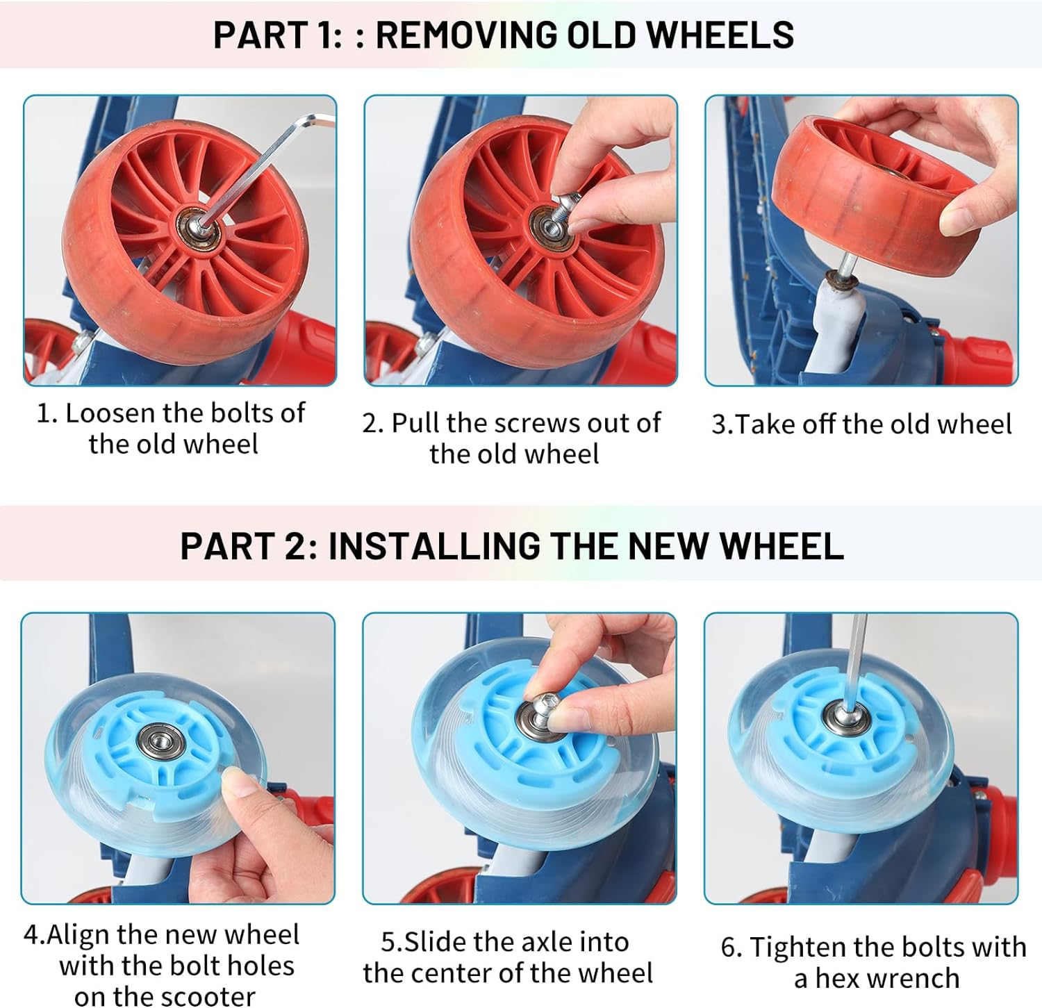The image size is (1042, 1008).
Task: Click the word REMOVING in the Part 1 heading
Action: [469, 34]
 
